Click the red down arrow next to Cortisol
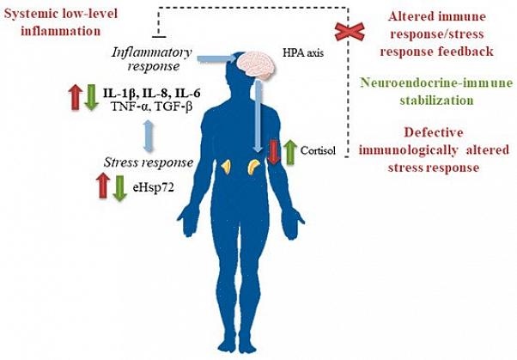tap(274, 152)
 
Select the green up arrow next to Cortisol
tap(289, 150)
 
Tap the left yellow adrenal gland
tap(227, 166)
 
